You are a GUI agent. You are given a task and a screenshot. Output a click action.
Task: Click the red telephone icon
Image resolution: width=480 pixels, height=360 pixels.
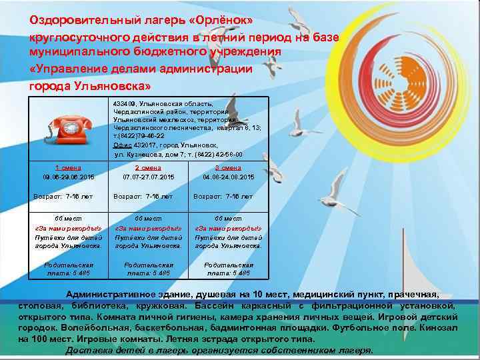(x=69, y=129)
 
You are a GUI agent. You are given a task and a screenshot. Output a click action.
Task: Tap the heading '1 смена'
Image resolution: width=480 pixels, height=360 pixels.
(x=68, y=168)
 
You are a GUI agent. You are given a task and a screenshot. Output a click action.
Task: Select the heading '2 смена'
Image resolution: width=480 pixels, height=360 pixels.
(x=148, y=168)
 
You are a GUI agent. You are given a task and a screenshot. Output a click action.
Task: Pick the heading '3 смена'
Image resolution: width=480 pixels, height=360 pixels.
(x=228, y=168)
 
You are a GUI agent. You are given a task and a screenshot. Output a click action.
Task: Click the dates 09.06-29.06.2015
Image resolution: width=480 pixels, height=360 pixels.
(x=68, y=177)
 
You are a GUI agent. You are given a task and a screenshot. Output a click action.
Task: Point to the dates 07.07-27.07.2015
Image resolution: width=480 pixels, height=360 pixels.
(x=148, y=177)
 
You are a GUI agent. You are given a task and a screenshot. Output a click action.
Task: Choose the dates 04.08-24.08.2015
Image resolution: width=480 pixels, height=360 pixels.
(x=228, y=177)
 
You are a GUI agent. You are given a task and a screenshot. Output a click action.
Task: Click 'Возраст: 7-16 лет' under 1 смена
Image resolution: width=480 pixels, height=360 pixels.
(x=64, y=197)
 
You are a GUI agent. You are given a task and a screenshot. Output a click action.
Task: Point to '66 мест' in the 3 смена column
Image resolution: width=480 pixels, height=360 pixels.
(x=228, y=219)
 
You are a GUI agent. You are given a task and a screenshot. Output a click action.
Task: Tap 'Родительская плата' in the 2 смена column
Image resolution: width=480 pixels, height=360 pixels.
(x=148, y=265)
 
